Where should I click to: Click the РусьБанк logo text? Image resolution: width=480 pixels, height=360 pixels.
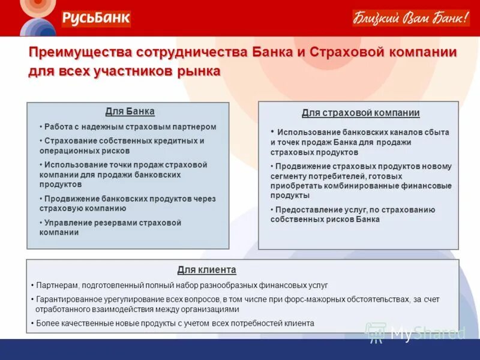pos(95,18)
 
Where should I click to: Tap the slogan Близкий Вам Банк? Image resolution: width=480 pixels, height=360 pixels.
pos(411,18)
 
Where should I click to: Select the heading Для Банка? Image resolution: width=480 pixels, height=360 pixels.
pos(130,111)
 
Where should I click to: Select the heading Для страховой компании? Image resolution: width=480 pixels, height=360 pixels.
pos(360,113)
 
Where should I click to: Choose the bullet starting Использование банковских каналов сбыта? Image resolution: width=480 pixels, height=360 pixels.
pos(360,142)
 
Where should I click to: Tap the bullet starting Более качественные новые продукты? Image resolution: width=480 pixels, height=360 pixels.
pos(175,323)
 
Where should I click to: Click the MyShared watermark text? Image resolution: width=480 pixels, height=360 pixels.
pos(427,332)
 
